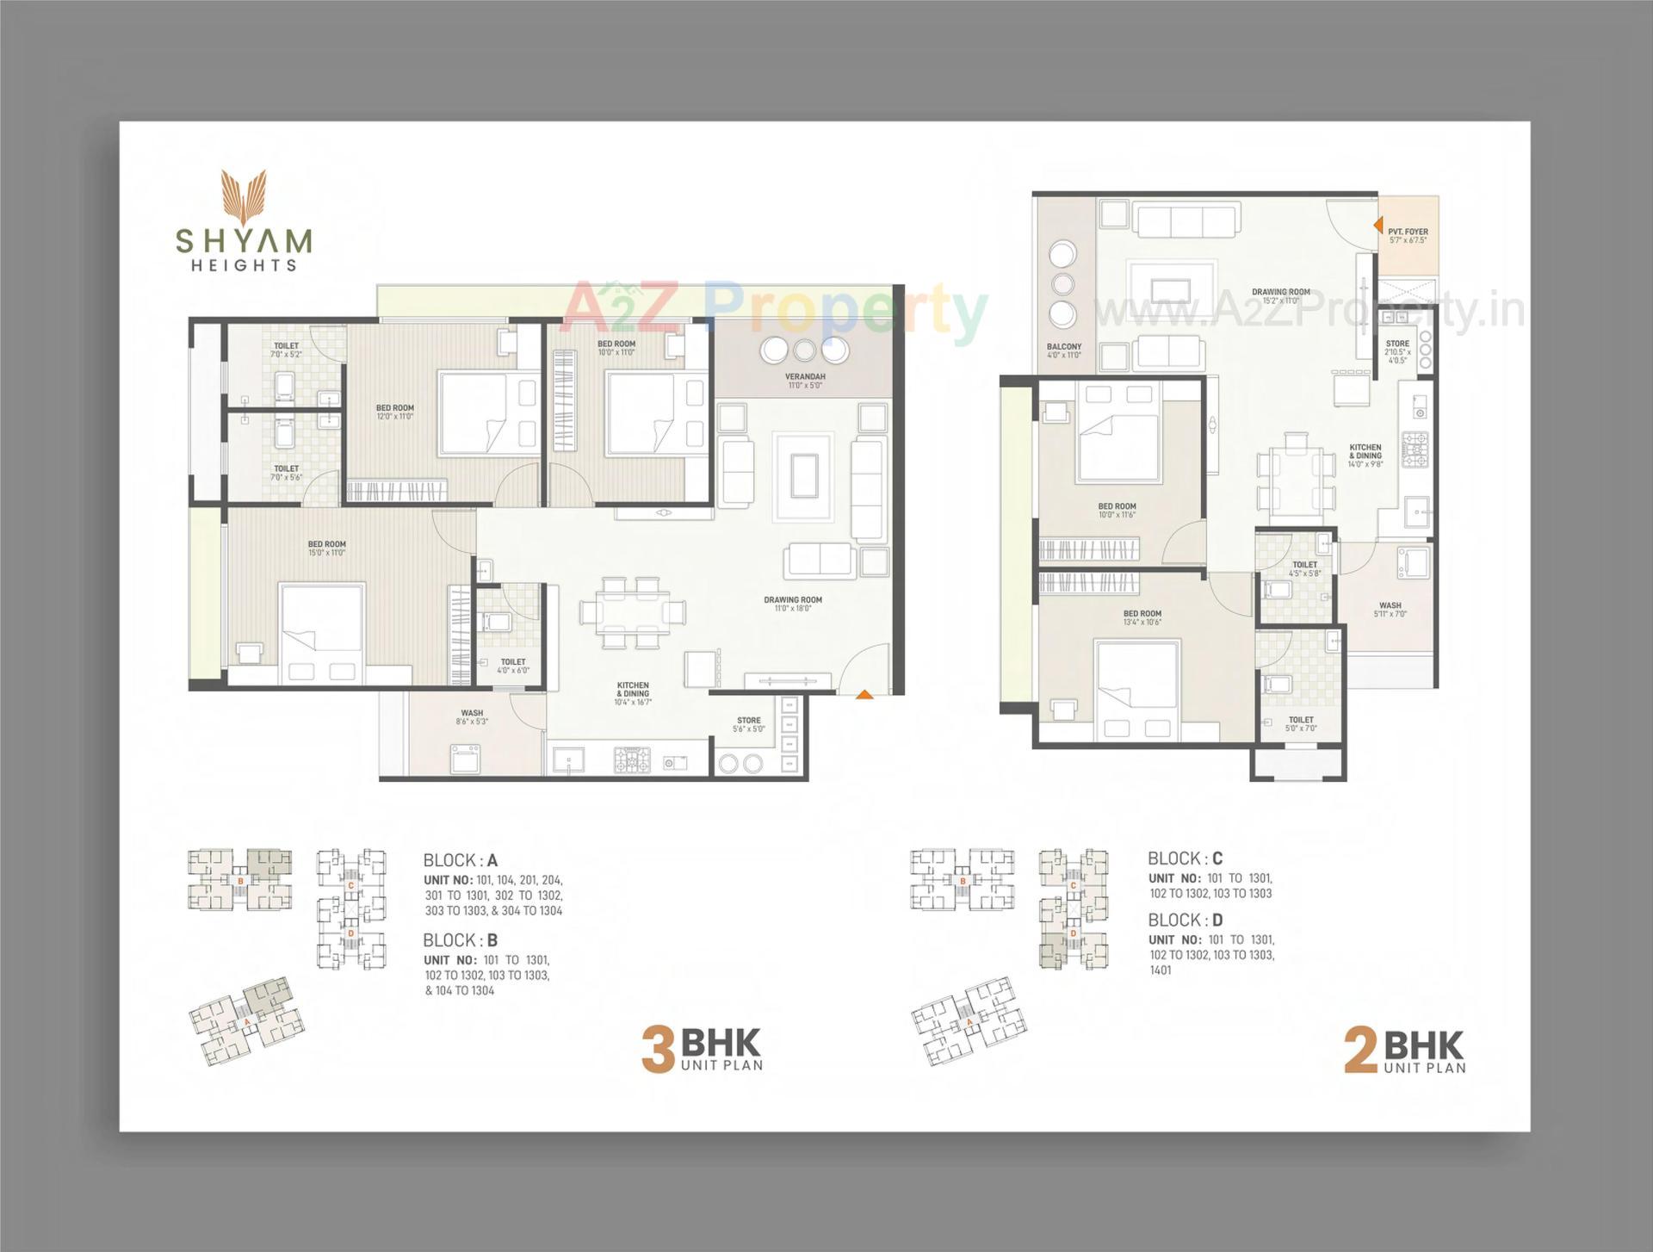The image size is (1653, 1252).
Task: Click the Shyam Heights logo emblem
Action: tap(245, 195)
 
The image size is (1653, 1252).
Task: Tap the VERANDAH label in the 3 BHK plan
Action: tap(805, 377)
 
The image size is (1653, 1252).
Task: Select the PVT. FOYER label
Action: tap(1408, 232)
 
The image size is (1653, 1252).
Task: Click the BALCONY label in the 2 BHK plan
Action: tap(1064, 346)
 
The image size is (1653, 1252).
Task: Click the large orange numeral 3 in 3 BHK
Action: tap(658, 1051)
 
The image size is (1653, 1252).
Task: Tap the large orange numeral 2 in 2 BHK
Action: tap(1360, 1051)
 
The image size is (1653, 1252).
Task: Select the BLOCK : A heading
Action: tap(460, 860)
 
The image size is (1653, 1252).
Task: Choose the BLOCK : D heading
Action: tap(1185, 920)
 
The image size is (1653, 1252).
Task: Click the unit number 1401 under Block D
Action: tap(1161, 970)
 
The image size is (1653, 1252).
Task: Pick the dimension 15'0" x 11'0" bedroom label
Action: tap(326, 553)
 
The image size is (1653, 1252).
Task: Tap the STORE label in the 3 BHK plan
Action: tap(748, 721)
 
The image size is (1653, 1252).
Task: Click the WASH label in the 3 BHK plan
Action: tap(472, 713)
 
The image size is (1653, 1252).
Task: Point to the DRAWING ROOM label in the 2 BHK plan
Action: tap(1280, 292)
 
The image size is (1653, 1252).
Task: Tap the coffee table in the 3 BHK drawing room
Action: tap(802, 475)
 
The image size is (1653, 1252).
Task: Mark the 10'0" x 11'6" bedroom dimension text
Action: tap(1117, 515)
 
